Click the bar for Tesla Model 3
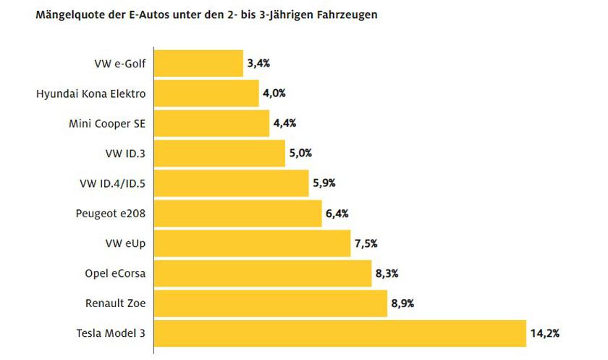tap(340, 333)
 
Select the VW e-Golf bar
tap(199, 63)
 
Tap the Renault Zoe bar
tap(271, 304)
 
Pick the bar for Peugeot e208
tap(238, 213)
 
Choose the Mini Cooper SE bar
tap(212, 123)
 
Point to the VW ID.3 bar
tap(220, 153)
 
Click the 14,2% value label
tap(545, 333)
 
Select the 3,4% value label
tap(258, 63)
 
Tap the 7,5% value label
tap(366, 243)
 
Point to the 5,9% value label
tap(324, 183)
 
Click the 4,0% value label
tap(274, 93)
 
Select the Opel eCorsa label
tap(115, 273)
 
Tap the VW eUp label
tap(126, 243)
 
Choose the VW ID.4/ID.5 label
tap(111, 183)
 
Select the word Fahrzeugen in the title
tap(345, 14)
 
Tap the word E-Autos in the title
tap(140, 14)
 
